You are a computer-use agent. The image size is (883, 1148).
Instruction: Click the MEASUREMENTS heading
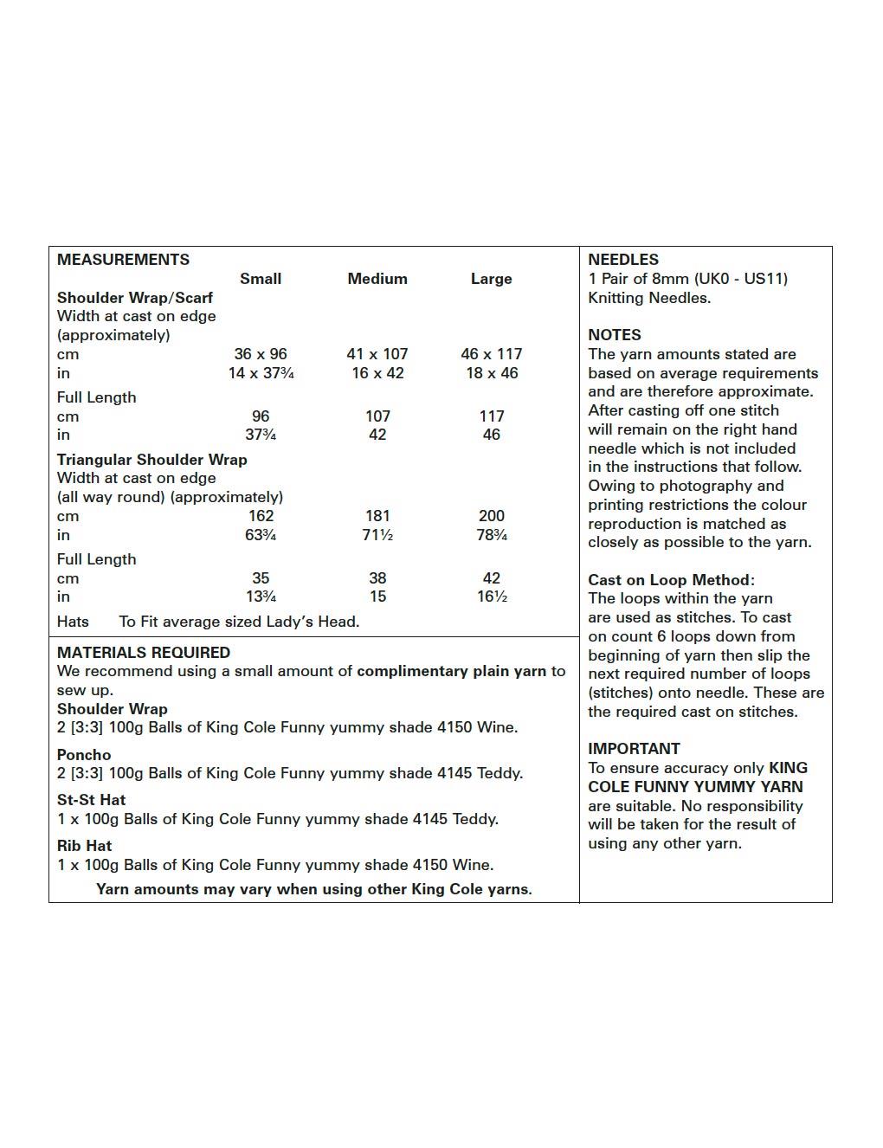click(x=123, y=260)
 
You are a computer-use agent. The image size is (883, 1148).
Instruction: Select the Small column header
click(x=261, y=279)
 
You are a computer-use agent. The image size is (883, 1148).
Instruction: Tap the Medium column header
click(x=377, y=279)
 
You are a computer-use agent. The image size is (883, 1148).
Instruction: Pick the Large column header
click(x=491, y=279)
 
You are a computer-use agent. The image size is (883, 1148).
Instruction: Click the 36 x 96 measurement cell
click(x=261, y=354)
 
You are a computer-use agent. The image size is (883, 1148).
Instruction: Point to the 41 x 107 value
click(x=377, y=354)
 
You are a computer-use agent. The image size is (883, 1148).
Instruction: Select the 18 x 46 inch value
click(x=491, y=373)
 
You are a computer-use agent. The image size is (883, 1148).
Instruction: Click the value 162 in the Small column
click(x=261, y=516)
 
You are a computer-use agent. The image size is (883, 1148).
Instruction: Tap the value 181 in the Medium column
click(x=377, y=516)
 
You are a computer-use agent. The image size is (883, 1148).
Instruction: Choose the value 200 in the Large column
click(x=491, y=516)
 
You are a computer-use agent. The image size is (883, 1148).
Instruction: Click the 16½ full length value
click(x=491, y=597)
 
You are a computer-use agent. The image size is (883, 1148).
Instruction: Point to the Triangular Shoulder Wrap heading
click(x=152, y=460)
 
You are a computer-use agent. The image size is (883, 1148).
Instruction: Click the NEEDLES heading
click(x=623, y=260)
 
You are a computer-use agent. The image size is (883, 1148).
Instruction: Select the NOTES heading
click(x=615, y=335)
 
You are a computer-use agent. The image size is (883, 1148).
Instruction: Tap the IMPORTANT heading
click(x=634, y=749)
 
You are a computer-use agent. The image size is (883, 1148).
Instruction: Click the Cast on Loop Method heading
click(x=671, y=580)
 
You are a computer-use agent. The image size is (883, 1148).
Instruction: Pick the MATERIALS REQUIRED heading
click(x=144, y=653)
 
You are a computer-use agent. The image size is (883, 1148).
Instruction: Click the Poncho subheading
click(x=84, y=755)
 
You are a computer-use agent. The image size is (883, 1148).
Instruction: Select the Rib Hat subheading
click(x=85, y=846)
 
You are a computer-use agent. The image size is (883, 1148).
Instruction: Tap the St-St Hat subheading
click(x=91, y=800)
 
